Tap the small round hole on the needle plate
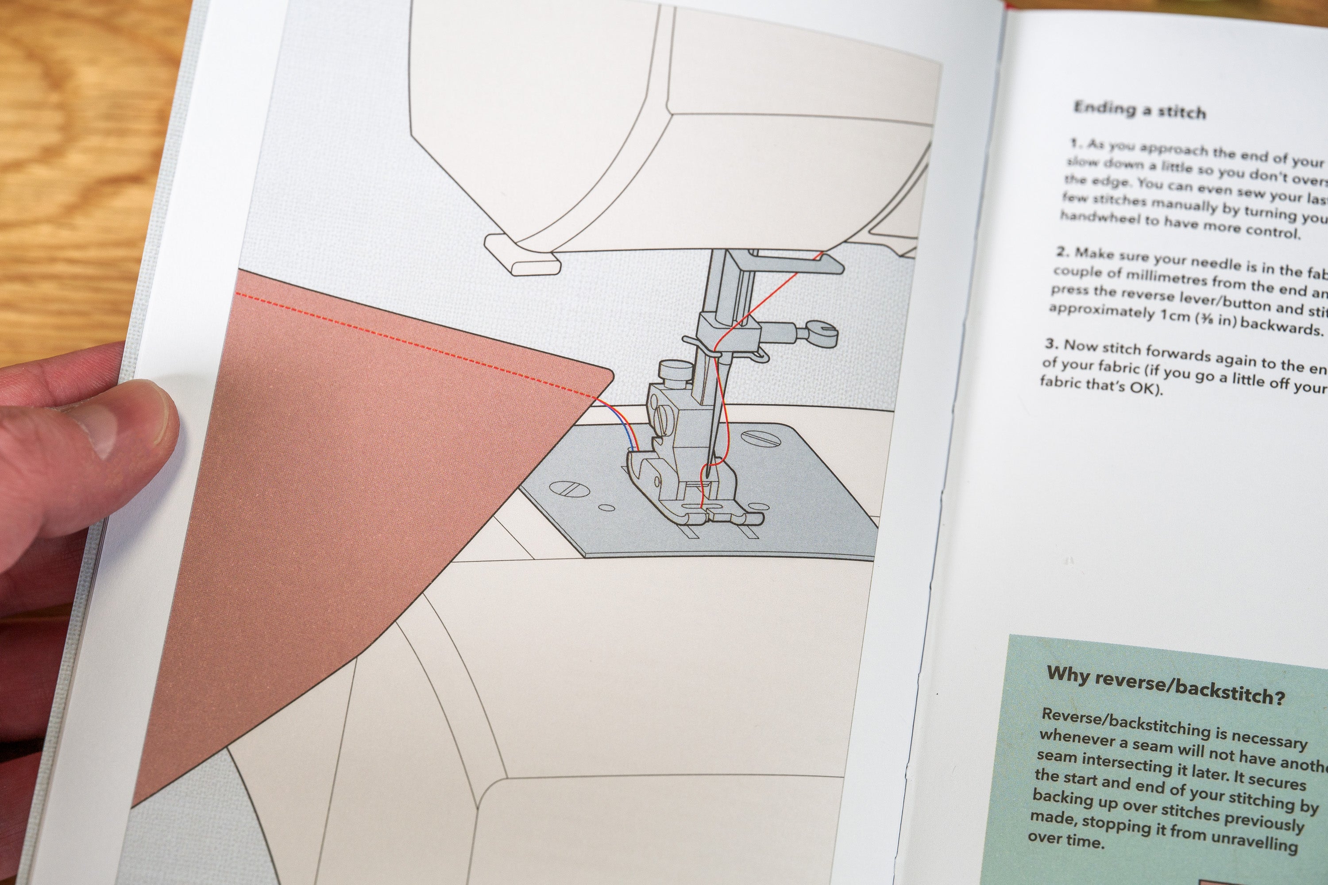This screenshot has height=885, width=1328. (x=607, y=508)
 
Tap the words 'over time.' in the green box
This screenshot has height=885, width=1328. (x=1064, y=840)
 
